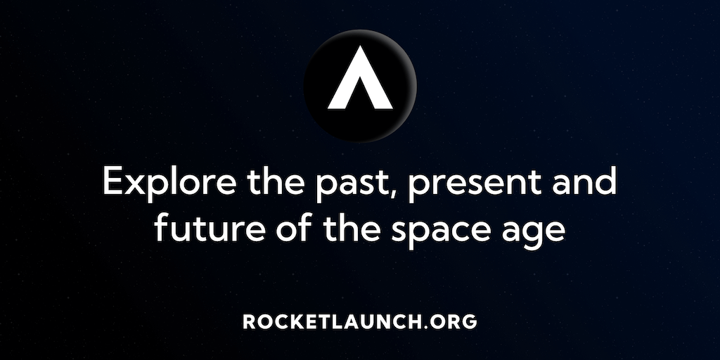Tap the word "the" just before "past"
pyautogui.click(x=276, y=181)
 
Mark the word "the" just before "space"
pyautogui.click(x=352, y=227)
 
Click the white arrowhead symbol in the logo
pyautogui.click(x=360, y=77)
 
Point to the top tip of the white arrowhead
pyautogui.click(x=361, y=46)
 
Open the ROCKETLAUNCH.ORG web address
pyautogui.click(x=360, y=321)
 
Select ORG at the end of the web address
pyautogui.click(x=454, y=321)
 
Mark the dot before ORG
pyautogui.click(x=425, y=327)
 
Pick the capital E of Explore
pyautogui.click(x=113, y=181)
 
